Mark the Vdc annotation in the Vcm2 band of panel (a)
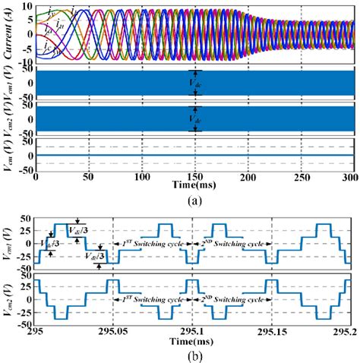pyautogui.click(x=196, y=118)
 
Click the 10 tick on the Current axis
pyautogui.click(x=27, y=5)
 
